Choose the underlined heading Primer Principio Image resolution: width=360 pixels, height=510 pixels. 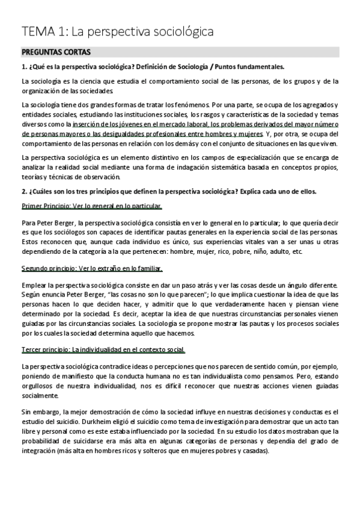pyautogui.click(x=45, y=206)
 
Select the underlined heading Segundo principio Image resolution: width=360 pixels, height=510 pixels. pyautogui.click(x=47, y=268)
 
